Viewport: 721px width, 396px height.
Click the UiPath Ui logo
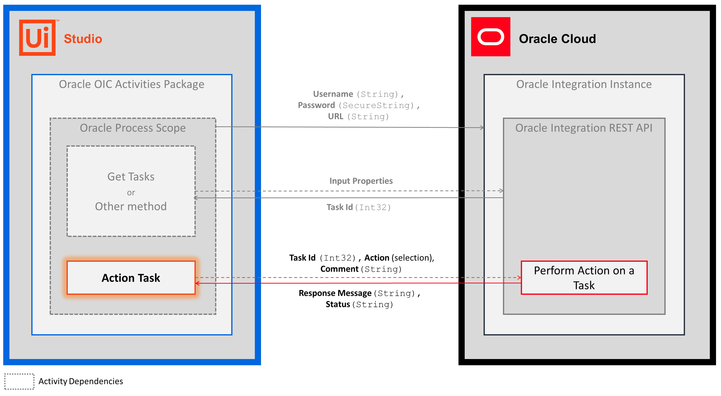coord(37,37)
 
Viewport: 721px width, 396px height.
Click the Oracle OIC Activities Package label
coord(131,84)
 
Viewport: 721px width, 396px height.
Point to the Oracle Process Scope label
coord(133,128)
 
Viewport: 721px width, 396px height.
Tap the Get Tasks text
coord(131,177)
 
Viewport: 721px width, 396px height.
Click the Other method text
coord(131,206)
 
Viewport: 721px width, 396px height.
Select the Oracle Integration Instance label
coord(584,84)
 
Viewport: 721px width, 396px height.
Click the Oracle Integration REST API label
coord(584,128)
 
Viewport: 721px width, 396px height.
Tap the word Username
coord(333,94)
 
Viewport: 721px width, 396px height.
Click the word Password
coord(316,105)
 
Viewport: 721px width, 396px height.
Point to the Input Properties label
coord(361,181)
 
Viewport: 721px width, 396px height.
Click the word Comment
coord(339,269)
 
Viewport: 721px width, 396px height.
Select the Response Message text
coord(335,293)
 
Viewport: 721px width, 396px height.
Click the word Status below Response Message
coord(337,304)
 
